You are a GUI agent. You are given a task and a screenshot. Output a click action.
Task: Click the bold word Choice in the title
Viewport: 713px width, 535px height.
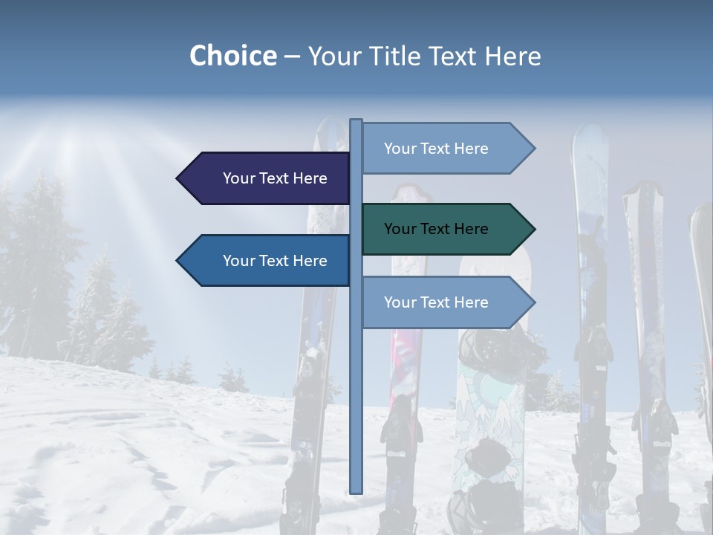tap(232, 56)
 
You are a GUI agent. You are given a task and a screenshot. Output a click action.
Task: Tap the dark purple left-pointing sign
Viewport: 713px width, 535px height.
tap(267, 178)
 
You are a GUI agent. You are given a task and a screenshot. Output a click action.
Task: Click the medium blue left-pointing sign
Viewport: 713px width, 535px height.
tap(267, 261)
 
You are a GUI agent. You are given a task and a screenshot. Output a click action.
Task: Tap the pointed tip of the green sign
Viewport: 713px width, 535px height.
tap(533, 229)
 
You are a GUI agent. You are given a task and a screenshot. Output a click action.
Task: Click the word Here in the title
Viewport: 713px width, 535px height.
tap(513, 56)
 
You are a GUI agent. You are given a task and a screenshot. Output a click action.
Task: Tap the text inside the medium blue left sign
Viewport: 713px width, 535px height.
tap(275, 261)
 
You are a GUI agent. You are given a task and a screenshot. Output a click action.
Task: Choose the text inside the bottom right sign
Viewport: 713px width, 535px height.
tap(436, 302)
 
